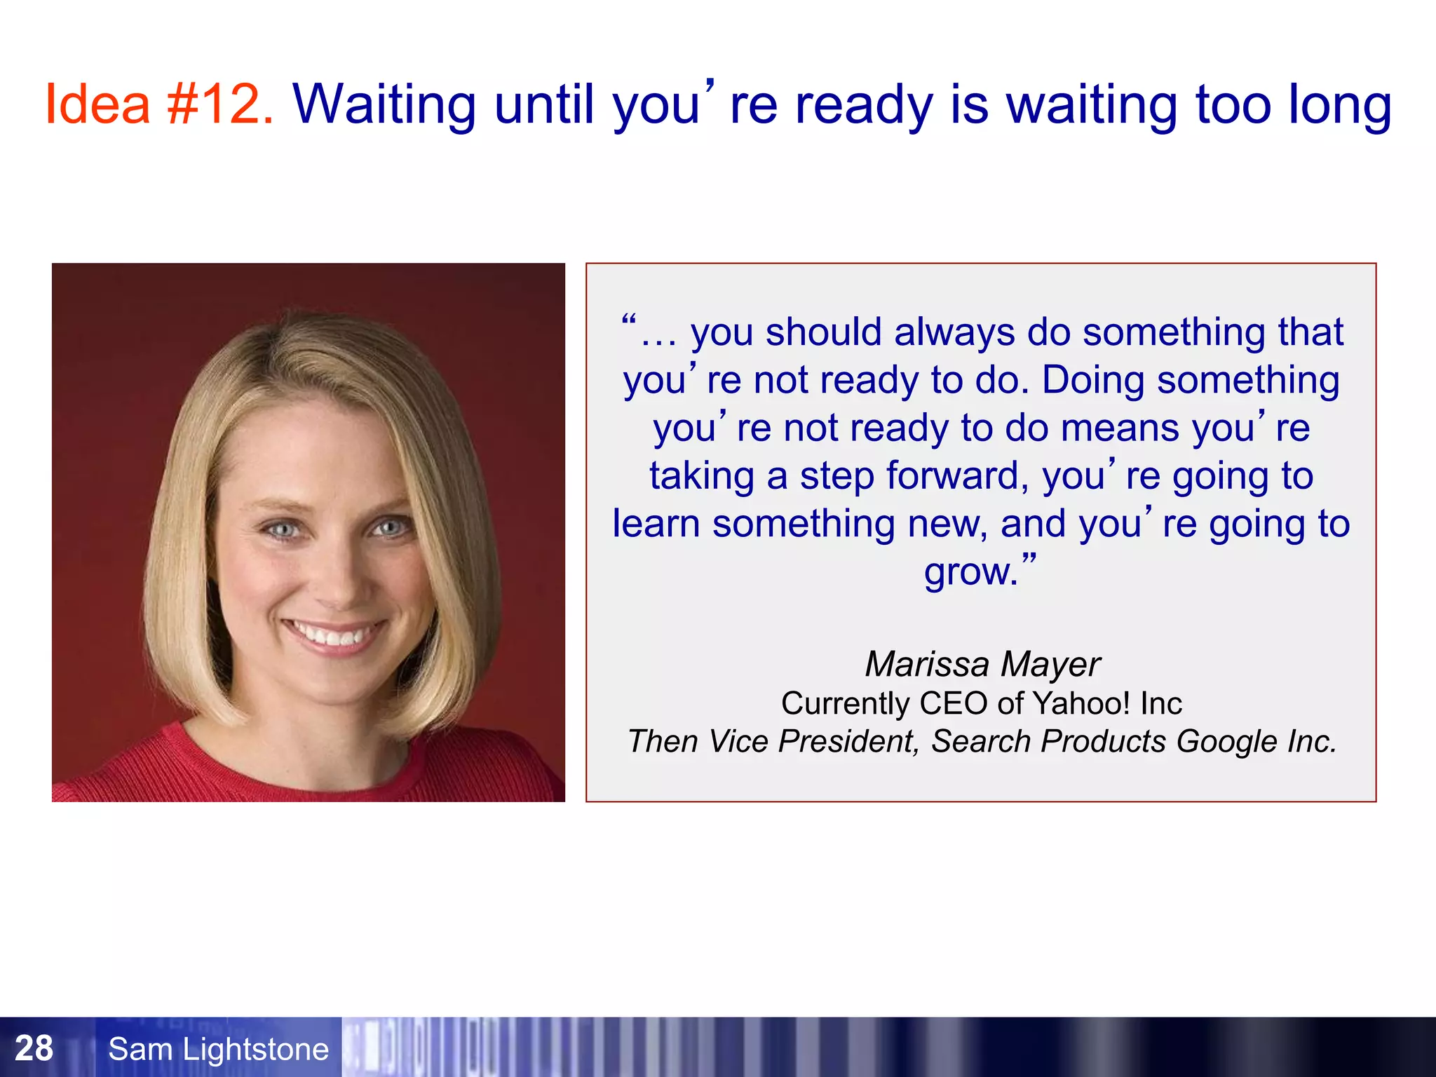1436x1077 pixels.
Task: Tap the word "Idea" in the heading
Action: [x=97, y=104]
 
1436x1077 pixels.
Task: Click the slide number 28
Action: [x=34, y=1048]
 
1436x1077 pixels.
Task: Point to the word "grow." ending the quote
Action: [x=971, y=572]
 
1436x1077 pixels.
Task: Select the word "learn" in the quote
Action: [x=656, y=524]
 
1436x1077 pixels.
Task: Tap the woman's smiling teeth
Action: [x=332, y=635]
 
